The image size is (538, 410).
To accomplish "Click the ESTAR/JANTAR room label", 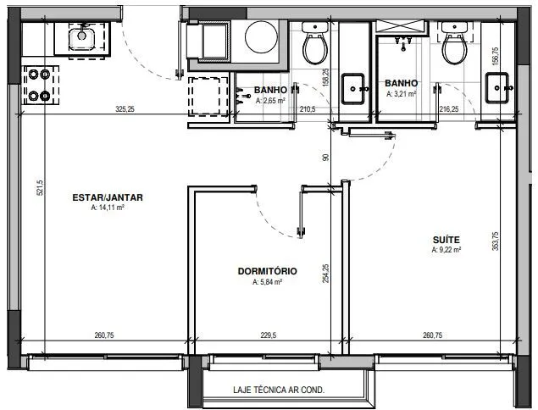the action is click(x=108, y=197).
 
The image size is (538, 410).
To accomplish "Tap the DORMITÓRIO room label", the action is click(x=267, y=271).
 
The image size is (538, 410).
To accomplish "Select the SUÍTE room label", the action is click(x=446, y=240).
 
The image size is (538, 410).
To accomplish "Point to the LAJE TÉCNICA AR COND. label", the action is click(x=279, y=391).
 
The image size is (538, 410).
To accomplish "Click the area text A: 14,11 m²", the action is click(x=108, y=208).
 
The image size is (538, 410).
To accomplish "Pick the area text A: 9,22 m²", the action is click(x=446, y=250).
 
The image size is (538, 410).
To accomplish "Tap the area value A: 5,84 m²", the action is click(x=267, y=282).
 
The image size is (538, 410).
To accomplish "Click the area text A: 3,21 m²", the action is click(x=401, y=94).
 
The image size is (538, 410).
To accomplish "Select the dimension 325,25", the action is click(x=125, y=109).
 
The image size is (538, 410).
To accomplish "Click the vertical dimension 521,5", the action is click(x=40, y=188).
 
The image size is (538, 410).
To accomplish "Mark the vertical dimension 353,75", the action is click(x=495, y=241).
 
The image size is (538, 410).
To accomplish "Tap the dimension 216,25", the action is click(x=449, y=109).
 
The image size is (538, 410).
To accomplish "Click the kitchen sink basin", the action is click(x=81, y=39).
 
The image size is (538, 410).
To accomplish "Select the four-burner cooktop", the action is click(x=40, y=85).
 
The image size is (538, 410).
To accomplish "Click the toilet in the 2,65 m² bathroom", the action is click(x=314, y=43).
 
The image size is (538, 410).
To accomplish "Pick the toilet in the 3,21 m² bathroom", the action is click(x=454, y=43).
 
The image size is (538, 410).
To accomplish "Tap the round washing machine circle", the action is click(x=262, y=37).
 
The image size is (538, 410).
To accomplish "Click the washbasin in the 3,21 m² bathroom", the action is click(x=496, y=88).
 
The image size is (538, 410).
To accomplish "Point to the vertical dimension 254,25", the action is click(x=325, y=274).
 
